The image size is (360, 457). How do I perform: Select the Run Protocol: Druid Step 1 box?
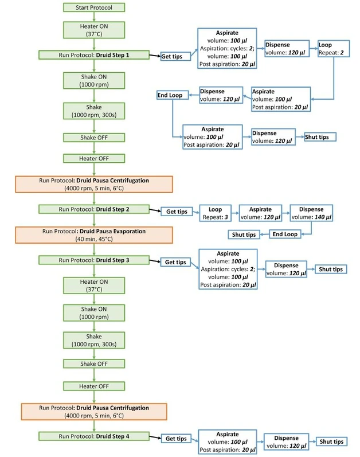[93, 56]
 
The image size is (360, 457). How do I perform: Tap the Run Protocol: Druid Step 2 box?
[93, 209]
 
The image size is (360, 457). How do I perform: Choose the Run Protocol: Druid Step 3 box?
[93, 260]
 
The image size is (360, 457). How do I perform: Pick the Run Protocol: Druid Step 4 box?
[93, 436]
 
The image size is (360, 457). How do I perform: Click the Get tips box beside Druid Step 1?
[173, 56]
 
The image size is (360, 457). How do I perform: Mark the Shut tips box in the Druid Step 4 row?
[331, 442]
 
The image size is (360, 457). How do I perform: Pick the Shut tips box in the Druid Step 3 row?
[331, 269]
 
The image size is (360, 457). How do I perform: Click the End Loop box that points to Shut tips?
[283, 235]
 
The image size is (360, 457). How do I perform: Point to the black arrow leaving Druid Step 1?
[154, 56]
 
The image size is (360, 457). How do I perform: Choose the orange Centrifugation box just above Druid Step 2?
[93, 183]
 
